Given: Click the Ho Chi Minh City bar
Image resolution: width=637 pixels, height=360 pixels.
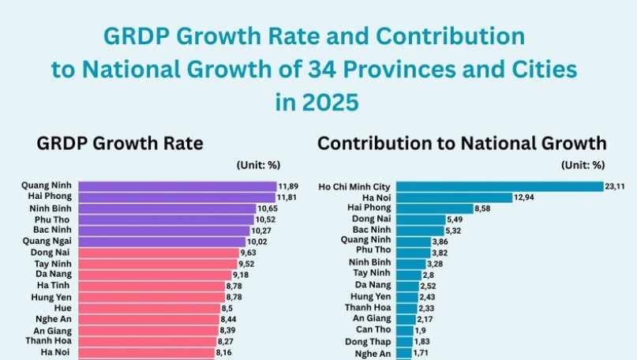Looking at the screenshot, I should coord(499,186).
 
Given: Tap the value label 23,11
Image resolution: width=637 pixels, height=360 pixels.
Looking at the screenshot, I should coord(616,187).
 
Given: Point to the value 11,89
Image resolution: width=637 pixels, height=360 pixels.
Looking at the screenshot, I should coord(287,186).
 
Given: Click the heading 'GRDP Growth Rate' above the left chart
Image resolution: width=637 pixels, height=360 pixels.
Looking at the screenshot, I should coord(120,144).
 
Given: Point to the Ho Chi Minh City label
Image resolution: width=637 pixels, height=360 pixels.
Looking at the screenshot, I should coord(354,186).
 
